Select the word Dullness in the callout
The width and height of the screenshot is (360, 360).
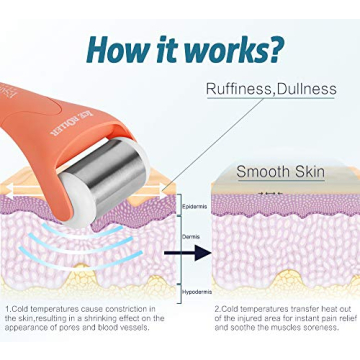tap(305, 90)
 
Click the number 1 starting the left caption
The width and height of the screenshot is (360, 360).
tap(7, 311)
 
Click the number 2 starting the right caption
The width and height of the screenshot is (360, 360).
tap(215, 311)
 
